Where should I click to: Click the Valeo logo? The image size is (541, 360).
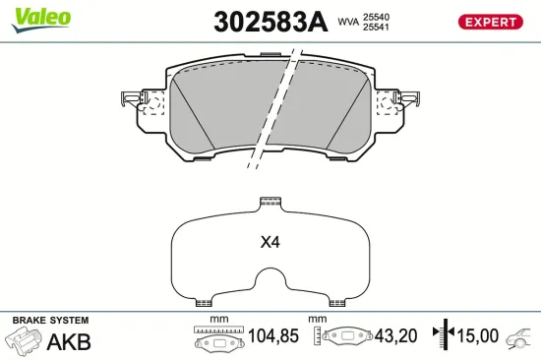pos(40,18)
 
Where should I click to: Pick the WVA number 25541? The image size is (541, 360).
pos(377,29)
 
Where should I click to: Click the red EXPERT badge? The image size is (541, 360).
pos(490,22)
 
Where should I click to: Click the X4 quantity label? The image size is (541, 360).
pos(270,242)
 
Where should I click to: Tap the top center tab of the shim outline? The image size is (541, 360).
pos(270,204)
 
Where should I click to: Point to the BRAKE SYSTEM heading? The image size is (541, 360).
pos(48,321)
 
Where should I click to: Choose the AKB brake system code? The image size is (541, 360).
pos(69,342)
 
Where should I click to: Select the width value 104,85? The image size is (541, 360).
pos(271,336)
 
